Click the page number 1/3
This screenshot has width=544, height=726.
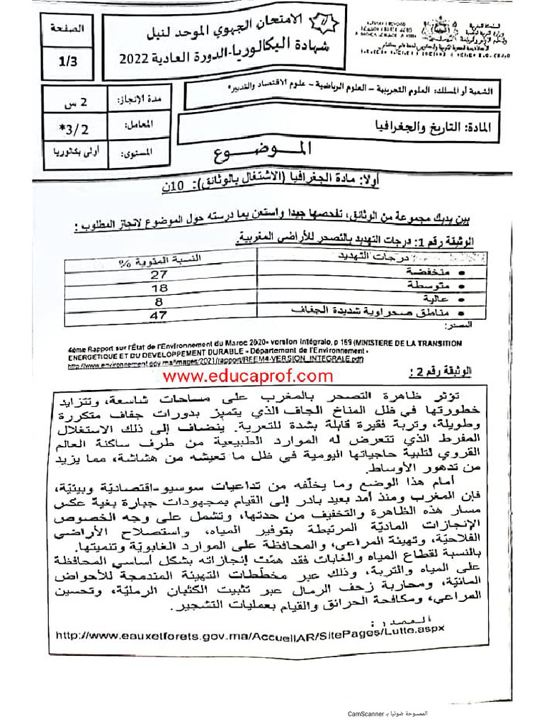click(68, 62)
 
